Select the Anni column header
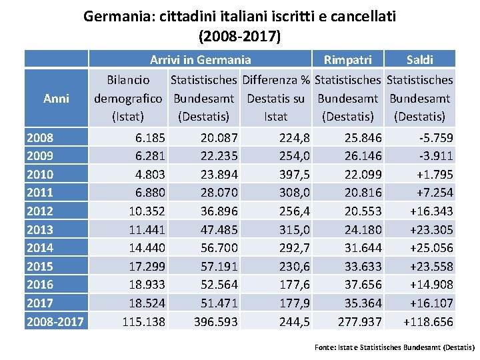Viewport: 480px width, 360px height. point(56,98)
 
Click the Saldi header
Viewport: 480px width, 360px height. point(420,60)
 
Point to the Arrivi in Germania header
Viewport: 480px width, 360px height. point(201,60)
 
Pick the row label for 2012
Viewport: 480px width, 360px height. point(39,211)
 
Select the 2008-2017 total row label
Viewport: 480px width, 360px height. point(55,322)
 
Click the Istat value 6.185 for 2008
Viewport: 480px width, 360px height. point(150,138)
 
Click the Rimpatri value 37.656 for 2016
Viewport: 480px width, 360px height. point(363,285)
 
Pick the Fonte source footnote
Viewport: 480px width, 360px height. point(394,347)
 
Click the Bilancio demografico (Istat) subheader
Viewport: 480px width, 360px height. point(129,98)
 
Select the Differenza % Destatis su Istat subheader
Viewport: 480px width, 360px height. point(276,98)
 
